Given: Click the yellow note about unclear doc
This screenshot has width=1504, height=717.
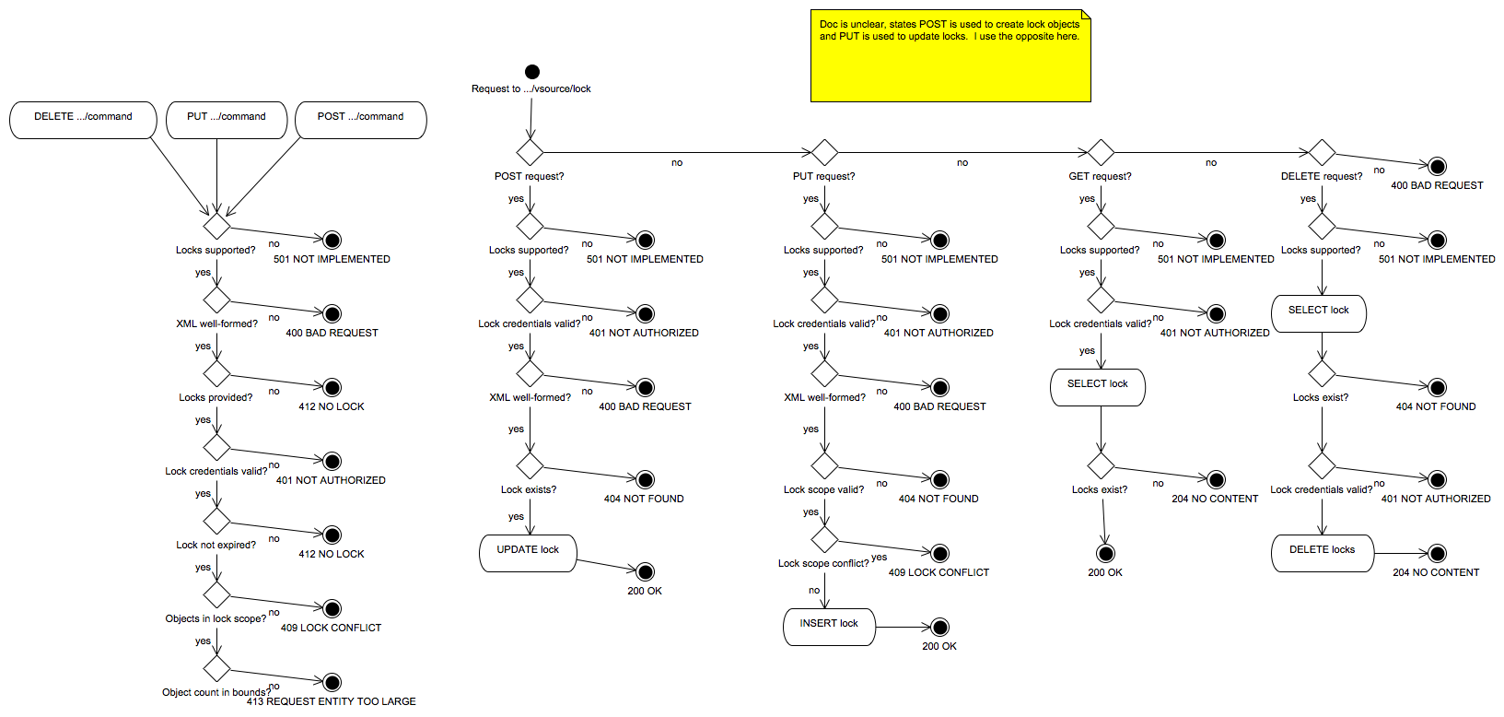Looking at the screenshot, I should (x=950, y=55).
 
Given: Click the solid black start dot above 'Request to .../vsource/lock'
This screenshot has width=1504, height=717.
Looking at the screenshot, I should (x=532, y=72).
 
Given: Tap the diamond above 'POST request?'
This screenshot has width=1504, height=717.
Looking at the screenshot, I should (x=530, y=152).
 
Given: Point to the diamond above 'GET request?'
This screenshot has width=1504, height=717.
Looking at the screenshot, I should (x=1101, y=152).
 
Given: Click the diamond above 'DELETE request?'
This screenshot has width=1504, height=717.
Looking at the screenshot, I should (x=1322, y=152).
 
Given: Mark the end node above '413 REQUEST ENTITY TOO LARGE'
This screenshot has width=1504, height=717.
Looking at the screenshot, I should (x=332, y=682).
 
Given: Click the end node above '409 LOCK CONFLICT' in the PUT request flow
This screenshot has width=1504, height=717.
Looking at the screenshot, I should (x=940, y=553).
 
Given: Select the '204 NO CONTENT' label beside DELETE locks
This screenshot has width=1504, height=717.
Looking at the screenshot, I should (x=1436, y=572).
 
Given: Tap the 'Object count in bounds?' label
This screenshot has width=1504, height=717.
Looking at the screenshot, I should (x=216, y=692).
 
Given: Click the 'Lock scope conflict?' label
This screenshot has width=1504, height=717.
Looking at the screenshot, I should (x=822, y=563).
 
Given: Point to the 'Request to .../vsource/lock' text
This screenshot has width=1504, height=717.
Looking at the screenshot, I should (x=531, y=89).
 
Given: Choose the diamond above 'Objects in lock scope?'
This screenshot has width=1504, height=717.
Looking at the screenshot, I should (x=216, y=594).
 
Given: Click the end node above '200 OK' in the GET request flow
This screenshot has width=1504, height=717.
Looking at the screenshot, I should (x=1105, y=553).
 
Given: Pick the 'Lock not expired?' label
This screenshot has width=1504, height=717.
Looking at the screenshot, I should (x=216, y=545).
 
